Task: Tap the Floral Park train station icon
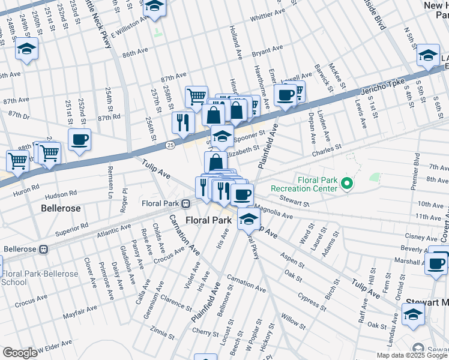tap(187, 203)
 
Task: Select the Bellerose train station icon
tap(43, 249)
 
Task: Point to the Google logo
tap(20, 352)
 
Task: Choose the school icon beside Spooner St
tap(222, 136)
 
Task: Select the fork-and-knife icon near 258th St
tap(182, 122)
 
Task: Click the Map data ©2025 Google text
tap(411, 355)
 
